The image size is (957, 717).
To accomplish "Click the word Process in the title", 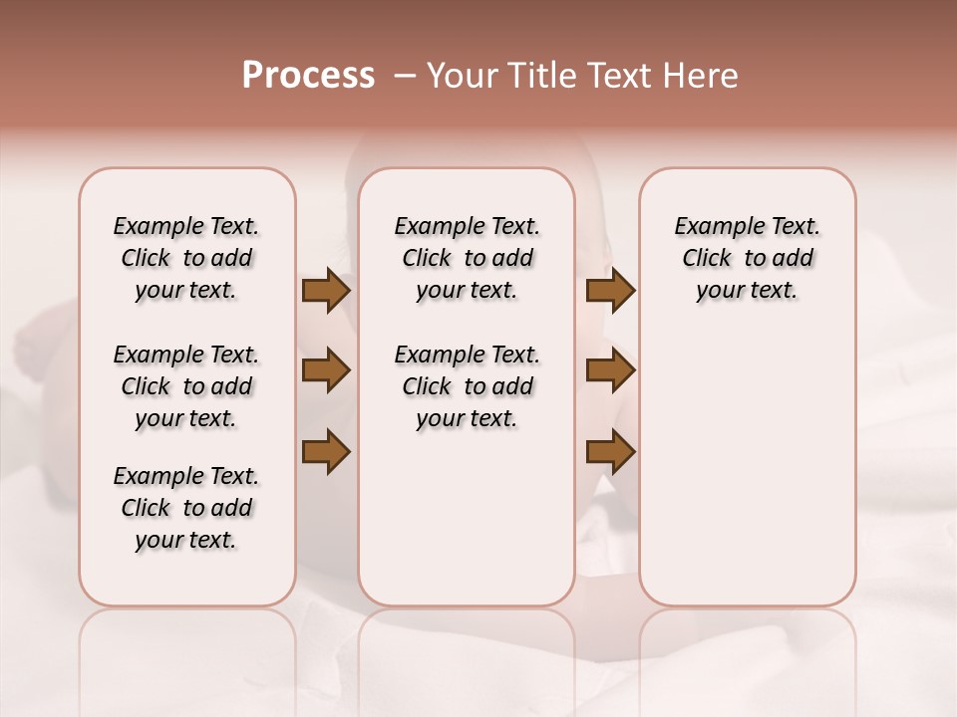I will (x=308, y=76).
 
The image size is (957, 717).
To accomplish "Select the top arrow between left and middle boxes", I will (x=326, y=291).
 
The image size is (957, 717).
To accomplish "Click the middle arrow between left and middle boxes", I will (x=326, y=370).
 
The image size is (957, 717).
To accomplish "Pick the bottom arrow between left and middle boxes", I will (x=326, y=451).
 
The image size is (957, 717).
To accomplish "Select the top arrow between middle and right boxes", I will (x=610, y=291).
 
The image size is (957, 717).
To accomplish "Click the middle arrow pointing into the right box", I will (x=610, y=370).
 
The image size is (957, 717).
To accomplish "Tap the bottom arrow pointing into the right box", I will (x=610, y=451).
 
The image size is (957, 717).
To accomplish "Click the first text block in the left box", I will (x=186, y=258).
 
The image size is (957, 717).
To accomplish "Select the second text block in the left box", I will (x=186, y=386).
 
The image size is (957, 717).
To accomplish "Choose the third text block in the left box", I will (x=186, y=508).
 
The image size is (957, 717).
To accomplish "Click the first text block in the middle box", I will (x=467, y=258).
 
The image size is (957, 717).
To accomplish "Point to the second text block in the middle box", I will (x=467, y=386).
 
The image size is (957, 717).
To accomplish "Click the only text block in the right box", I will (x=747, y=258).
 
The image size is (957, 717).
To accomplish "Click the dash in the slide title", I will (x=405, y=77).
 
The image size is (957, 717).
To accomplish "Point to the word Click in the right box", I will (x=707, y=259).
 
